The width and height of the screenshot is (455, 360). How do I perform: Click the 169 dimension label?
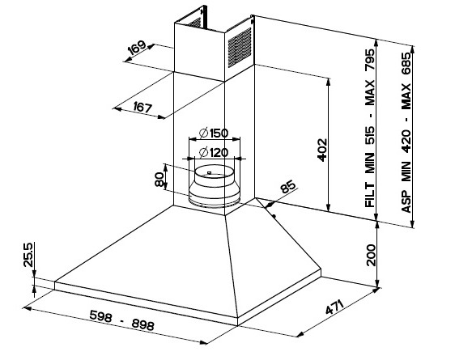coord(136,47)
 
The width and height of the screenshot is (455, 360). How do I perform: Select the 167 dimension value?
coord(142,108)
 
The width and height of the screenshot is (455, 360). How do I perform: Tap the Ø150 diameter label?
coord(214,133)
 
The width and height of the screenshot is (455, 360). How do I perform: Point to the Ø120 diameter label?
coord(214,152)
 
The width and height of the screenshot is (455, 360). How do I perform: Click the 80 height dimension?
coord(159,180)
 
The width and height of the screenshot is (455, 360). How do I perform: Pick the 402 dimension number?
coord(322,150)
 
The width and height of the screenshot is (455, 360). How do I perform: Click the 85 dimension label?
coord(288,187)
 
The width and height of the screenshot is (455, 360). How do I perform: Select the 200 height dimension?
coord(371,255)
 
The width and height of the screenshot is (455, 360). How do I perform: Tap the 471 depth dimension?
coord(334,307)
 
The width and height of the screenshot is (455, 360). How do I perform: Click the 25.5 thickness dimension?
coord(28,255)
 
